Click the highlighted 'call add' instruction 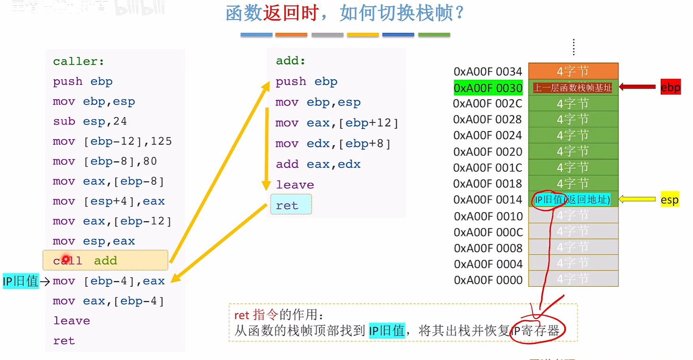(105, 260)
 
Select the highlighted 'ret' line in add (291, 205)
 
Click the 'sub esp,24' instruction (90, 121)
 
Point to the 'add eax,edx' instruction (318, 164)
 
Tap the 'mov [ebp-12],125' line (112, 141)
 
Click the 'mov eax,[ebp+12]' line (337, 123)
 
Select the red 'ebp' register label (670, 87)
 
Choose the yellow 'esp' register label (669, 200)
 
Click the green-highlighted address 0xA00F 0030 (488, 88)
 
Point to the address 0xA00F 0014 (487, 200)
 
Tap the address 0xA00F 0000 (488, 280)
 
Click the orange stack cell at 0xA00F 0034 (573, 71)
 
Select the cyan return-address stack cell (573, 200)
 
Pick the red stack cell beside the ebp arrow (573, 87)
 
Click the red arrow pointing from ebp (638, 87)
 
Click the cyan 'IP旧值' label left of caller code (20, 281)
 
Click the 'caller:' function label (78, 61)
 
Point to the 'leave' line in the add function (295, 184)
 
